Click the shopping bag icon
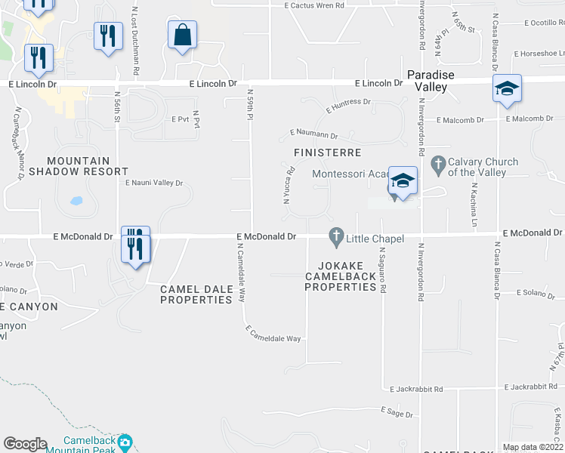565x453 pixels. pyautogui.click(x=182, y=35)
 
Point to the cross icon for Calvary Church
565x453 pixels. pyautogui.click(x=437, y=162)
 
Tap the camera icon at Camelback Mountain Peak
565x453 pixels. pyautogui.click(x=125, y=441)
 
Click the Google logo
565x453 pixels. pyautogui.click(x=25, y=444)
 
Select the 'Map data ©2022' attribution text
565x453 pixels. pyautogui.click(x=533, y=447)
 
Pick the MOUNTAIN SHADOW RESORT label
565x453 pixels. pyautogui.click(x=79, y=166)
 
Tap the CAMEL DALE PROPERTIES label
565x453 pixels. pyautogui.click(x=196, y=294)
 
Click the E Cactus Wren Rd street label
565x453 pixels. pyautogui.click(x=314, y=5)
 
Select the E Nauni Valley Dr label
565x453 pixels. pyautogui.click(x=154, y=183)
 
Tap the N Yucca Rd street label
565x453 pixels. pyautogui.click(x=288, y=190)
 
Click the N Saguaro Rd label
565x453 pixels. pyautogui.click(x=384, y=270)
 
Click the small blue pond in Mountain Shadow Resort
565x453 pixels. pyautogui.click(x=76, y=202)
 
